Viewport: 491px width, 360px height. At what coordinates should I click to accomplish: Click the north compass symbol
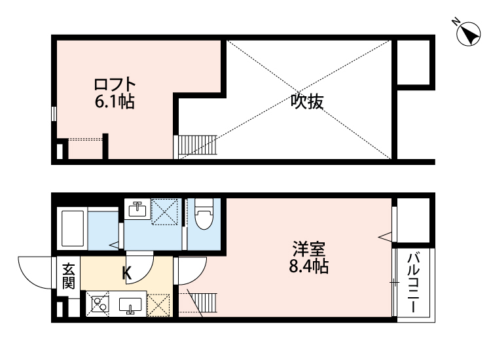tap(467, 33)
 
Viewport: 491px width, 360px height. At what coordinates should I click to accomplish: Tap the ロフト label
tap(115, 84)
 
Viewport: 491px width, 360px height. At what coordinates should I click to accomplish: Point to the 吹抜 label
tap(308, 102)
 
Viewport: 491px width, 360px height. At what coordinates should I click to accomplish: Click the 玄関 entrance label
tap(69, 275)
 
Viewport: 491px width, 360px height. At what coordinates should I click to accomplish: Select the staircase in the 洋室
tap(204, 302)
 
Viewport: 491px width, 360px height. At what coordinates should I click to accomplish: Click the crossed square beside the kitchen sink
tap(159, 305)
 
